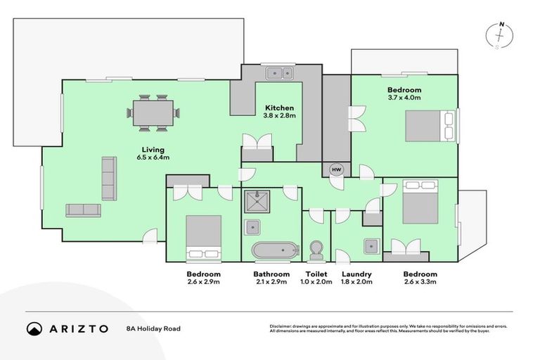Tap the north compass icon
(x=500, y=36)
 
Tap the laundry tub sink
(x=371, y=246)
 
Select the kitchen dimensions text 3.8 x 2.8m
(x=279, y=115)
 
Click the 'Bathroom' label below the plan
(x=271, y=274)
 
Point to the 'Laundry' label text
(x=356, y=274)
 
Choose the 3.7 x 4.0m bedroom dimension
(x=404, y=98)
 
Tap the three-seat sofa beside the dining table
(x=109, y=179)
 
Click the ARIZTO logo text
(x=78, y=328)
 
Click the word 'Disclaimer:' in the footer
(x=283, y=326)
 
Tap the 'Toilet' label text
(x=316, y=274)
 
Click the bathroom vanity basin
(x=252, y=226)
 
